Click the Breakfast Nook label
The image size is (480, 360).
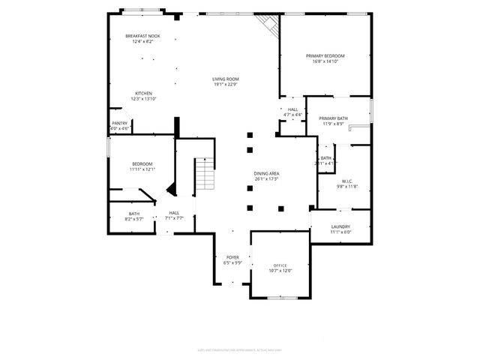click(142, 36)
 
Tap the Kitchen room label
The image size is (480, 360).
click(143, 94)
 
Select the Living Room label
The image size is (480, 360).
click(225, 79)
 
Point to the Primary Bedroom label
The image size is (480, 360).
click(325, 56)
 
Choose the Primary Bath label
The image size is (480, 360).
click(332, 118)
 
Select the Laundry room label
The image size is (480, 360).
click(340, 226)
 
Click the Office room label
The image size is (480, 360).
click(280, 265)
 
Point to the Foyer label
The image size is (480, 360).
click(232, 257)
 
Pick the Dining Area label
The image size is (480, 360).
click(267, 173)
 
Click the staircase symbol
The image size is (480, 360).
click(205, 175)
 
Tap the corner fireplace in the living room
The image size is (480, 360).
click(267, 25)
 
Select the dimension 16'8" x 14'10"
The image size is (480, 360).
click(325, 61)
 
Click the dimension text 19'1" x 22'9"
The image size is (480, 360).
click(225, 84)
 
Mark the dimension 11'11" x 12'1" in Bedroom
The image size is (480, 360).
click(142, 169)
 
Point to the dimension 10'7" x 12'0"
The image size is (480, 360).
click(280, 271)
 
